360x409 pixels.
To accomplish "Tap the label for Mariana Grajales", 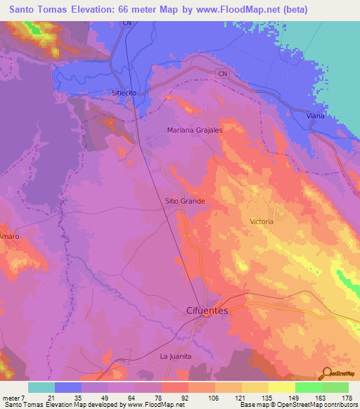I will tap(195, 130).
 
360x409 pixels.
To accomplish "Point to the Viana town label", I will tap(316, 115).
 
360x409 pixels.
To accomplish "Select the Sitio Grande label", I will tap(184, 201).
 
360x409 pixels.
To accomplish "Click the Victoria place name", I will tap(262, 221).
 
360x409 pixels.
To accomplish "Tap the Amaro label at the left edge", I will tap(9, 236).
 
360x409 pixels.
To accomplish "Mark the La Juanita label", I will tap(176, 356).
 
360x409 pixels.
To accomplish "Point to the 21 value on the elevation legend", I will tap(51, 397).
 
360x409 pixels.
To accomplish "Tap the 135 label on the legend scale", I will tap(264, 397).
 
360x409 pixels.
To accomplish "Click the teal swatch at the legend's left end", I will tap(41, 387).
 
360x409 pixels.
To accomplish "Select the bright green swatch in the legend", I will tap(308, 387).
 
